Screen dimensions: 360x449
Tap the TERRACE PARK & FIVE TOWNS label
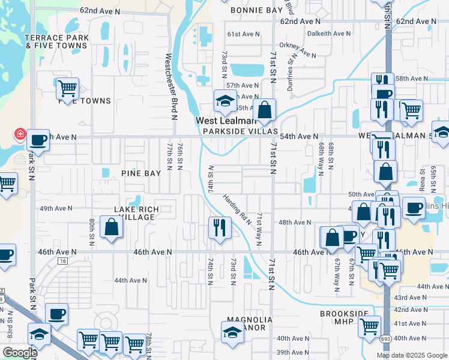(56, 41)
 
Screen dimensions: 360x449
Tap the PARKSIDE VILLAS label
(240, 131)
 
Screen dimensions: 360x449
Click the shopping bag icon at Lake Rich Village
(112, 227)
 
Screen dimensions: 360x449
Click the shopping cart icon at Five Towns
(67, 88)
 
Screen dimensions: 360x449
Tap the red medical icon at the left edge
(19, 133)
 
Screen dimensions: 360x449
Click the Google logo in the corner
(20, 353)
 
